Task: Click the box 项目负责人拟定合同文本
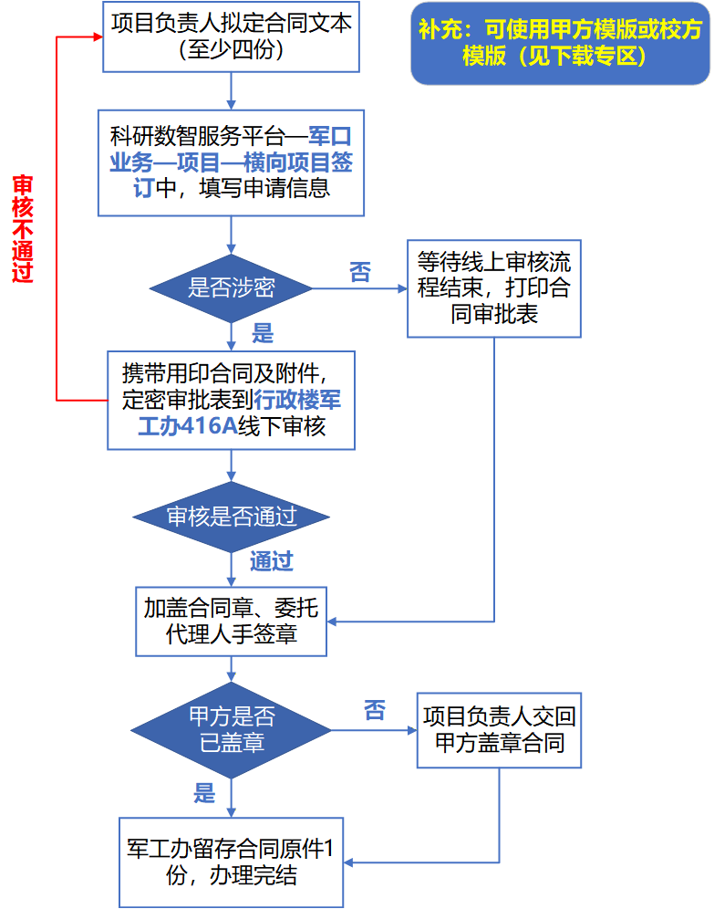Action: (x=231, y=37)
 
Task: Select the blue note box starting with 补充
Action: (x=560, y=44)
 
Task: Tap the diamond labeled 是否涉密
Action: (x=231, y=288)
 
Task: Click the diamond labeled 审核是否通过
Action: (x=231, y=517)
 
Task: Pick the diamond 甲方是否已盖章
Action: (x=231, y=730)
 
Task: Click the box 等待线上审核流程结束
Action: (x=494, y=288)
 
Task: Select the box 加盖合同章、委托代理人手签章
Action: (x=231, y=622)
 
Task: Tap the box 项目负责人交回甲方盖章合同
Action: (x=499, y=730)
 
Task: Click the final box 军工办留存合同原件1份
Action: (x=231, y=862)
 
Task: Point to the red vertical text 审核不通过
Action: (x=23, y=228)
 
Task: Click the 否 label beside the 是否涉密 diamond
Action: (x=359, y=272)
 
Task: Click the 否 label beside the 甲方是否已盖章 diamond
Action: (x=375, y=710)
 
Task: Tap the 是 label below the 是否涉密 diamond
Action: (x=263, y=333)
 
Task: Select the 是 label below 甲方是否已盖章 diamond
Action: (x=204, y=793)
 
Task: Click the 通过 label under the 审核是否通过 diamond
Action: (x=272, y=561)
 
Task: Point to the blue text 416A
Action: (x=209, y=426)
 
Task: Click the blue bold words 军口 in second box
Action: (x=330, y=136)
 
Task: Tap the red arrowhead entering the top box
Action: (x=98, y=37)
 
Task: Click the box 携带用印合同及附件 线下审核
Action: (x=231, y=400)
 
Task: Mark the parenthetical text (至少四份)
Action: (x=231, y=50)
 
